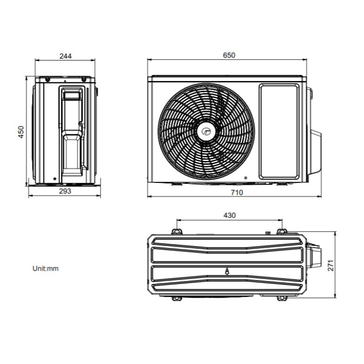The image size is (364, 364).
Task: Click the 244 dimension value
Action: [66, 56]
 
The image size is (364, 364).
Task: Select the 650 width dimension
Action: [229, 55]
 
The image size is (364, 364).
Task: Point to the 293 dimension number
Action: [66, 192]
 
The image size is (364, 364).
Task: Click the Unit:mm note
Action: [45, 268]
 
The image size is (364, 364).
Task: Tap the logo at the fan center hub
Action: [206, 132]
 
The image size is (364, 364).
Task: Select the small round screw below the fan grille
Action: [246, 177]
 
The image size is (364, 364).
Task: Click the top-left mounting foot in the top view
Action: [178, 229]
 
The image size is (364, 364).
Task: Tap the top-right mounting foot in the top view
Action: [281, 229]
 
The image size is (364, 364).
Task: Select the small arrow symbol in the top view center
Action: [227, 272]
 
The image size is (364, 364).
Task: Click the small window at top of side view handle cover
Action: [72, 95]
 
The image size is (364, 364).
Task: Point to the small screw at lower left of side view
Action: [54, 178]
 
